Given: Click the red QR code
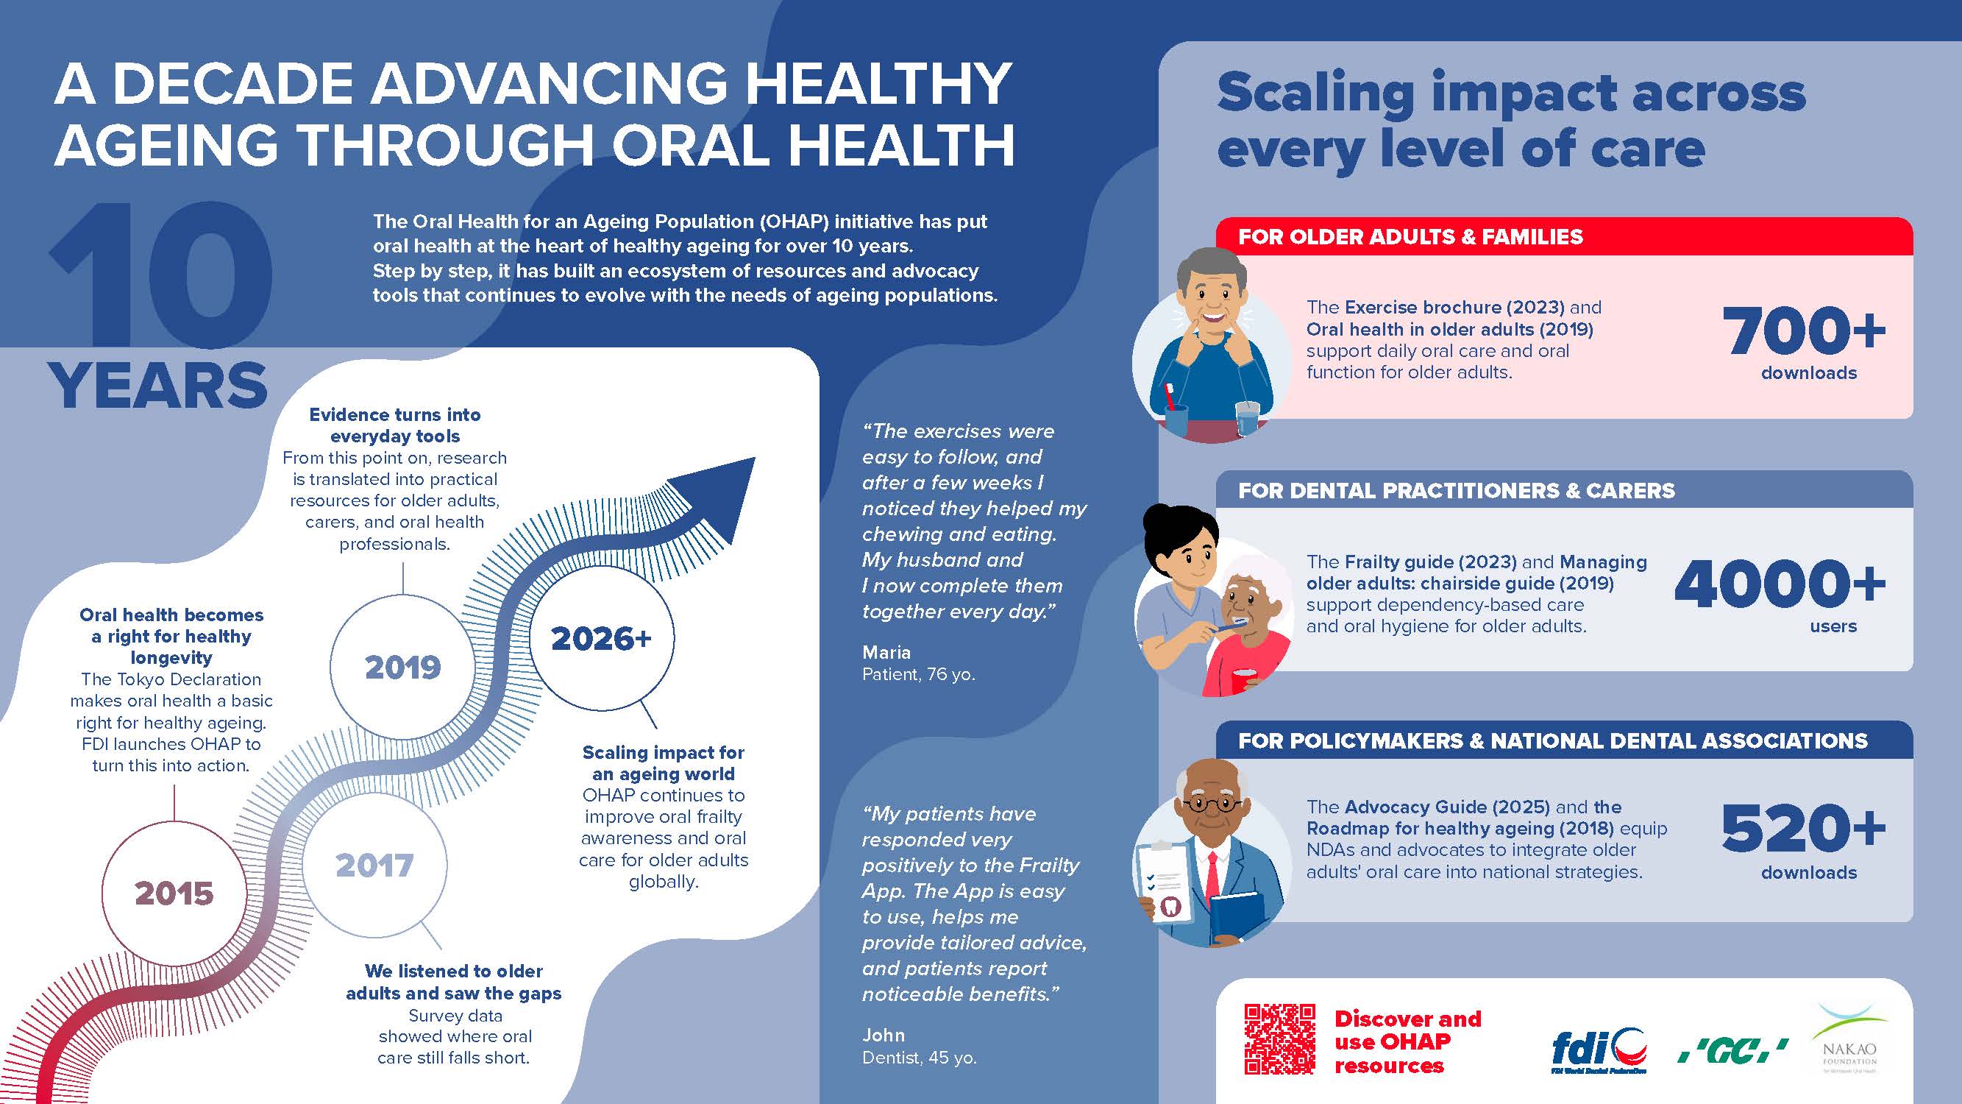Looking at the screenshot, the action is tap(1279, 1039).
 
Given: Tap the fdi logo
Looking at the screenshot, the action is tap(1599, 1051).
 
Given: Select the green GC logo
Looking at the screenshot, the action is tap(1733, 1052).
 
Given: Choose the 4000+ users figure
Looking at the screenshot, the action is tap(1780, 594).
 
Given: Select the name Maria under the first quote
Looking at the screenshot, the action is tap(886, 652).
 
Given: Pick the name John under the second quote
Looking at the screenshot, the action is tap(884, 1035).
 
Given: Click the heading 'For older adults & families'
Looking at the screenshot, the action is tap(1410, 237).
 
